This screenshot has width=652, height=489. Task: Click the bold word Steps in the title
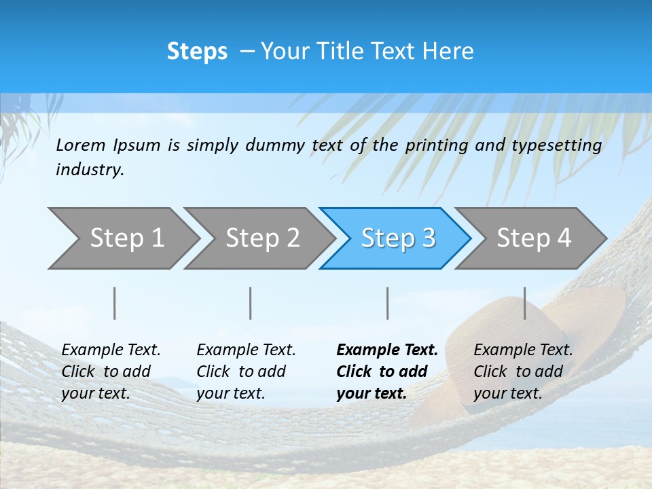(x=197, y=52)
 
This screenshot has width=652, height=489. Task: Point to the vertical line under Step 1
(x=115, y=303)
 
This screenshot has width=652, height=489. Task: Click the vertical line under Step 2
(x=251, y=303)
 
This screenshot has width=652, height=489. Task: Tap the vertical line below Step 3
(x=388, y=303)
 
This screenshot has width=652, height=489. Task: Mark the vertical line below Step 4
(x=525, y=303)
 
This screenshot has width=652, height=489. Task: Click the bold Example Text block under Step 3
(x=387, y=372)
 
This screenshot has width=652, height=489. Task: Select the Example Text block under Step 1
(x=111, y=372)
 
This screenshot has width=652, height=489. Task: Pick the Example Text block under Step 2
(x=246, y=372)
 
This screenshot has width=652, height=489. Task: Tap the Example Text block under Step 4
(x=523, y=372)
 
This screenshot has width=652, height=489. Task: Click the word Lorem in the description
(x=81, y=145)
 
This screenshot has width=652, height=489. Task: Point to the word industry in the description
(x=90, y=170)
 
